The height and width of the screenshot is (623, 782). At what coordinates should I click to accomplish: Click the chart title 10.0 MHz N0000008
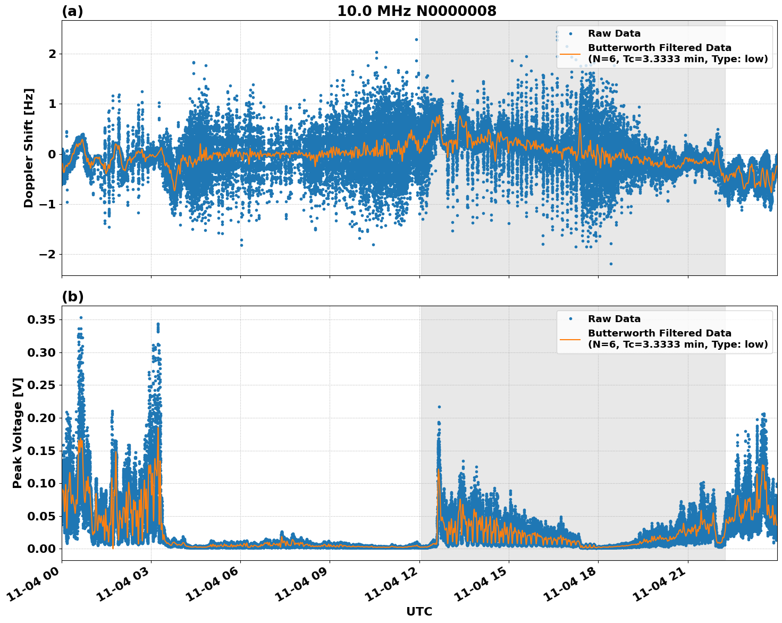[417, 11]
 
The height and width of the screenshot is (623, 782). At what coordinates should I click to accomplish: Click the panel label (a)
[72, 11]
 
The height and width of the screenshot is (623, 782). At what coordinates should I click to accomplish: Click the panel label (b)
[72, 297]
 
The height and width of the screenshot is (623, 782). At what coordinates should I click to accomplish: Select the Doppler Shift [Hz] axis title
[28, 148]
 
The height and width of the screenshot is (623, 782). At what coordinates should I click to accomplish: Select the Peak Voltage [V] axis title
[18, 433]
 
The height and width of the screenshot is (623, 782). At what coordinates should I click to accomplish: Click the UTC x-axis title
[419, 611]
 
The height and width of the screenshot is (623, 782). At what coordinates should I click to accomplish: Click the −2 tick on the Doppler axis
[47, 254]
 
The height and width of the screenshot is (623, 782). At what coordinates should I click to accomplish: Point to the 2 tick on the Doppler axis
[52, 54]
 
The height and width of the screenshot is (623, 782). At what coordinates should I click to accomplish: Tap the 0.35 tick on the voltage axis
[41, 319]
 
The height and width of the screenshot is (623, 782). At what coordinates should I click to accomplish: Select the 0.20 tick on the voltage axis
[41, 418]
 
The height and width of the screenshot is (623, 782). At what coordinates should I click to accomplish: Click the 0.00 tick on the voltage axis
[41, 549]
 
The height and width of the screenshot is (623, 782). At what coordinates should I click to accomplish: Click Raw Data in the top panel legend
[614, 33]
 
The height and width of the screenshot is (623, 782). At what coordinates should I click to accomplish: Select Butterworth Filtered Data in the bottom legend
[659, 333]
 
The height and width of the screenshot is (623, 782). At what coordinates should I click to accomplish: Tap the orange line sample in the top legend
[570, 54]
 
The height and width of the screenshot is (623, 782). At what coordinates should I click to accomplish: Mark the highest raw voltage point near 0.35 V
[81, 317]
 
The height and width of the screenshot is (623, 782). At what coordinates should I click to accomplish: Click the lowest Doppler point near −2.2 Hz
[611, 264]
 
